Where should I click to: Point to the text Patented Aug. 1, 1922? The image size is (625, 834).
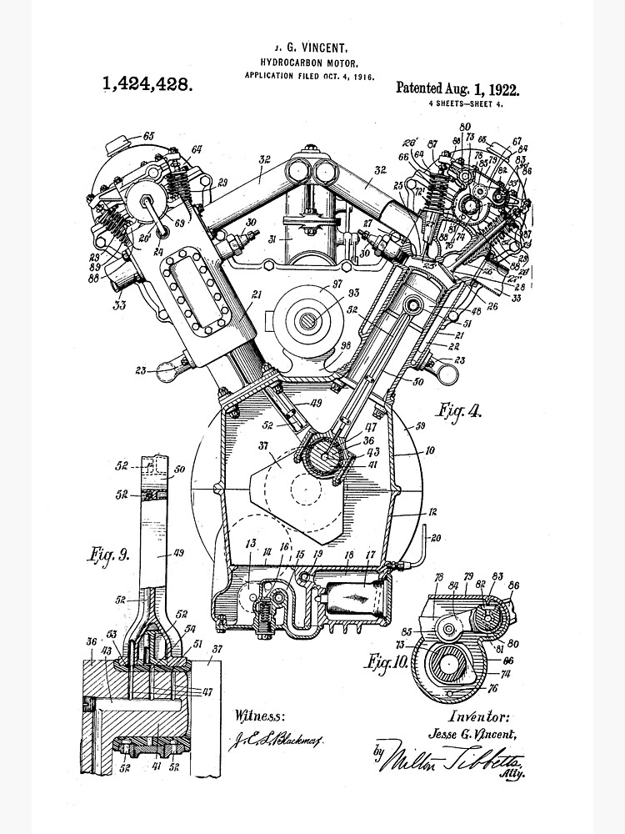click(457, 88)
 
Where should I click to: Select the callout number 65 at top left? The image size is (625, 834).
click(149, 135)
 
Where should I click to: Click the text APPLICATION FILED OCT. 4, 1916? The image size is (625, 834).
click(309, 75)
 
